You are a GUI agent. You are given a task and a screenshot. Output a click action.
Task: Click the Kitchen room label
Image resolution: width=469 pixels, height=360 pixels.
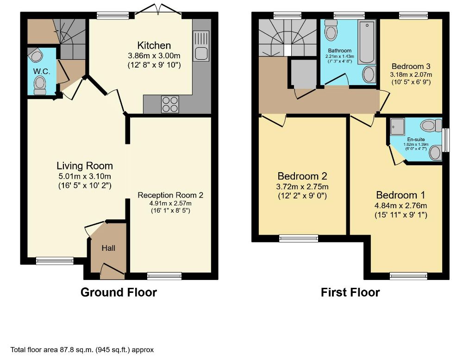(154, 45)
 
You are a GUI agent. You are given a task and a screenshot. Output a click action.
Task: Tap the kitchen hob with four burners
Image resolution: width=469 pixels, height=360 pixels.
(170, 105)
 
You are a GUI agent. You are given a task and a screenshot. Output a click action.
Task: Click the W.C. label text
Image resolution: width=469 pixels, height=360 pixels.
(42, 71)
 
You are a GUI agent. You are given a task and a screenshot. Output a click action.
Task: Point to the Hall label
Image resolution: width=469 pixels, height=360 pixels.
(108, 248)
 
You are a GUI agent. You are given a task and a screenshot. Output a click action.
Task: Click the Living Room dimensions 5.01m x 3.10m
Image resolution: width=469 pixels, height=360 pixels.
(85, 176)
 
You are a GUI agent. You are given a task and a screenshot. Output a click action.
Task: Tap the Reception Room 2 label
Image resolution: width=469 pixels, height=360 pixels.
(170, 195)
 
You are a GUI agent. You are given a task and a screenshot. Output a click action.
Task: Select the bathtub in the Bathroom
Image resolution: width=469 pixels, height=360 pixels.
(367, 42)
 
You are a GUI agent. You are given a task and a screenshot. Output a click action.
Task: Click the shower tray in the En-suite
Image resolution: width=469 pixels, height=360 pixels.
(397, 126)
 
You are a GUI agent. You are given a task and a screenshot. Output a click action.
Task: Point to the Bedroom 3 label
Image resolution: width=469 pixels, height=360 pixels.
(411, 66)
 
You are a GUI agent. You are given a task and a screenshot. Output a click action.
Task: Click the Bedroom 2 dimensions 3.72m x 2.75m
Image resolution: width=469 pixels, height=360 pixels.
(302, 187)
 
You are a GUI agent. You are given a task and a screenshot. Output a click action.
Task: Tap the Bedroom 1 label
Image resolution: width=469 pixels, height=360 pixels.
(400, 195)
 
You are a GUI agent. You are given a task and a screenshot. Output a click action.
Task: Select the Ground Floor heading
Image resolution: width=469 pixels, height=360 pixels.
(119, 292)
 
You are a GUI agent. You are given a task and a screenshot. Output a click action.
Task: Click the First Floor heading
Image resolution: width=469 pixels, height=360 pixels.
(350, 292)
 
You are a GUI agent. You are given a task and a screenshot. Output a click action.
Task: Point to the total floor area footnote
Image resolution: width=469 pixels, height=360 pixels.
(82, 349)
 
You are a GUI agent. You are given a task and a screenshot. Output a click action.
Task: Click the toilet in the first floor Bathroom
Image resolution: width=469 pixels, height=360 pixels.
(331, 30)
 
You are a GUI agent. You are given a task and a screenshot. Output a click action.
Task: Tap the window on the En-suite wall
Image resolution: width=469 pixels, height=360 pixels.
(446, 140)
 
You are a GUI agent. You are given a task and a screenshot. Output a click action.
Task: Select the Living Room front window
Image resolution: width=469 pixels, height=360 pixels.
(55, 261)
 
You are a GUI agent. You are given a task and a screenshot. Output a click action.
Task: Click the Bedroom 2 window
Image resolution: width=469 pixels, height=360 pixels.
(299, 238)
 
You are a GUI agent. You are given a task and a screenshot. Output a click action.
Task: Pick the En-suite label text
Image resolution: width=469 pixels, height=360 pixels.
(416, 139)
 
